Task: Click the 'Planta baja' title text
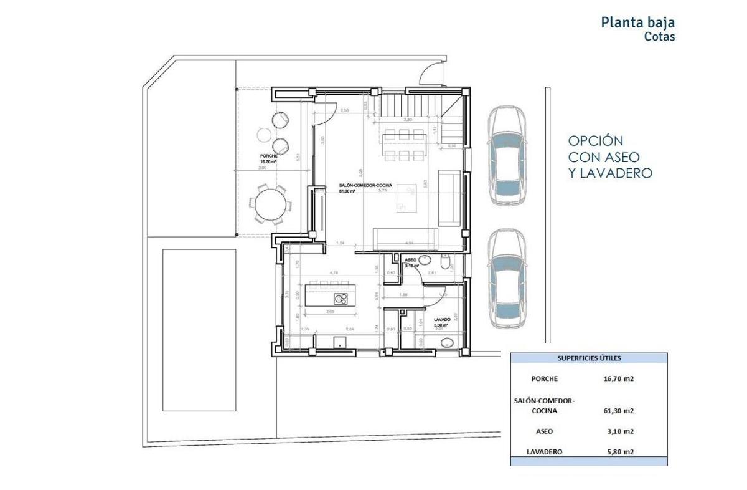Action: pyautogui.click(x=637, y=22)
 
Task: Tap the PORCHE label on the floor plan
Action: pyautogui.click(x=269, y=156)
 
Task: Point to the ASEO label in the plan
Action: pyautogui.click(x=411, y=259)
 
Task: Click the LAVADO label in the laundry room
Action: pyautogui.click(x=443, y=319)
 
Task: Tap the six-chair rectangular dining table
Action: pyautogui.click(x=404, y=145)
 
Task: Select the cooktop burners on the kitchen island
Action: pyautogui.click(x=341, y=299)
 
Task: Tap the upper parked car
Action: pyautogui.click(x=507, y=156)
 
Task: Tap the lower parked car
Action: pyautogui.click(x=507, y=279)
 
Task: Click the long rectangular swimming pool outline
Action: pyautogui.click(x=200, y=330)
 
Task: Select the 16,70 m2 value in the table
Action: pyautogui.click(x=618, y=378)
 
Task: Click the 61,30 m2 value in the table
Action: pyautogui.click(x=618, y=411)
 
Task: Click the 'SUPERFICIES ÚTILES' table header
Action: pyautogui.click(x=589, y=358)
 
